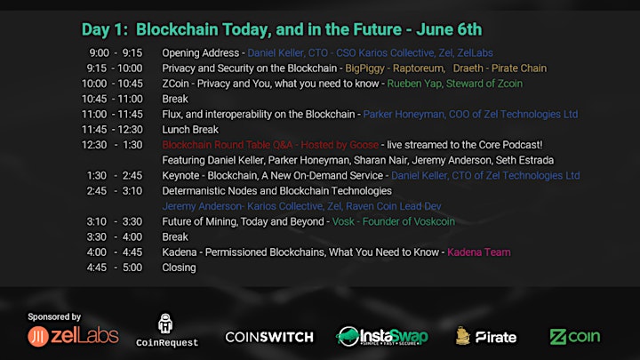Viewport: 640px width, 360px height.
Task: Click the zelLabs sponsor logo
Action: [x=73, y=336]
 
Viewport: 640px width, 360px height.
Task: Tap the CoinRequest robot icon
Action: [x=165, y=324]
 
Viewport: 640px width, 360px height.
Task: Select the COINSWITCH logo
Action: [x=269, y=337]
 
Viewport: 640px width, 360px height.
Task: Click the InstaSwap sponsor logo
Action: [x=381, y=336]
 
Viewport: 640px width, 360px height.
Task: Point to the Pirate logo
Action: [x=485, y=336]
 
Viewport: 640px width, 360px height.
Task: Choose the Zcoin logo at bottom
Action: [x=575, y=337]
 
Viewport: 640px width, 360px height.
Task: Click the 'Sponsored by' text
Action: [x=54, y=316]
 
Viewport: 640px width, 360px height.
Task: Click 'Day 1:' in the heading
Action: [x=105, y=30]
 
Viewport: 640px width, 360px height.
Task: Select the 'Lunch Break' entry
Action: [x=190, y=130]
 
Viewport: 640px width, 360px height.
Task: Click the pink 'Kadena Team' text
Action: [x=479, y=252]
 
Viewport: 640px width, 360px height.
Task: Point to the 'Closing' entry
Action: [x=179, y=268]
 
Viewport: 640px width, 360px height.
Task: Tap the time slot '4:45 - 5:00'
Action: [x=115, y=268]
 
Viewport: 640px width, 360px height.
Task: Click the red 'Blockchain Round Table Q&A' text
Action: [x=228, y=145]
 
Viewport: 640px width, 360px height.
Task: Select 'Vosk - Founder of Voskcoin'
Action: [x=394, y=221]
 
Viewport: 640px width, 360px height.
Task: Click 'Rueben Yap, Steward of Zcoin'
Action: [x=455, y=84]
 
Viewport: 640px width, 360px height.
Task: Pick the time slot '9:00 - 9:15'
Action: [x=116, y=53]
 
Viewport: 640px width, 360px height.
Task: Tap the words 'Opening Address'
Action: [x=200, y=53]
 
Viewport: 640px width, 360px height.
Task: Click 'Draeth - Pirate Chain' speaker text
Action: [x=500, y=68]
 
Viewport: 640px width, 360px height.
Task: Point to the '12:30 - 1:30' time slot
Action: [x=112, y=145]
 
